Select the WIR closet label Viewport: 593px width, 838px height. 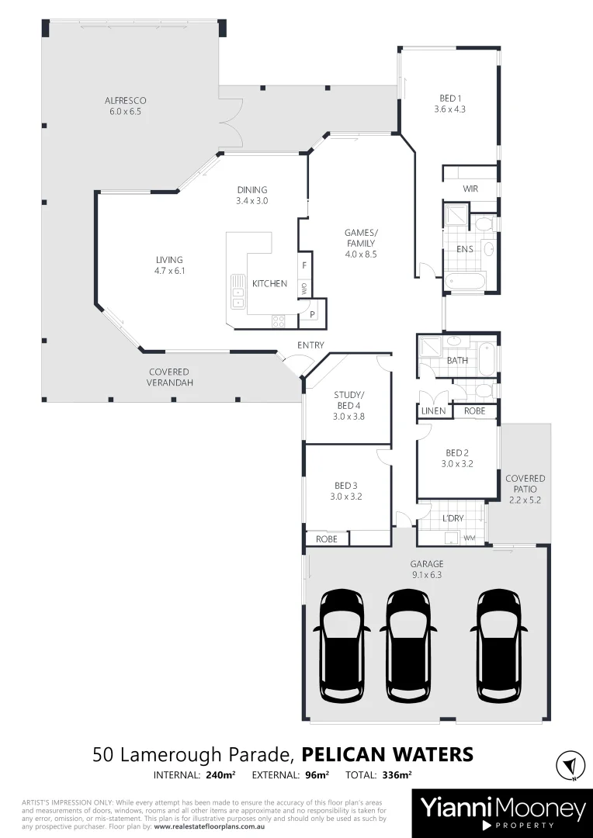[470, 189]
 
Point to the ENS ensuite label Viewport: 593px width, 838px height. [465, 249]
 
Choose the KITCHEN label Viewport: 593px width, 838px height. [269, 284]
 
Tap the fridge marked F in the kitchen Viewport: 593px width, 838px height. [304, 265]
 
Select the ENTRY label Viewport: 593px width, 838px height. [310, 345]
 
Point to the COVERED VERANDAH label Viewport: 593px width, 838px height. [169, 377]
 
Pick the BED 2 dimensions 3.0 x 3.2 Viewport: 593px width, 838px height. [457, 464]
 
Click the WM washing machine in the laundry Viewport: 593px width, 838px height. [469, 537]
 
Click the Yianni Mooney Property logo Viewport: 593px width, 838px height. [502, 813]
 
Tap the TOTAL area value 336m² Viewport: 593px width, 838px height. [396, 774]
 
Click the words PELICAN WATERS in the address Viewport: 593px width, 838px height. [387, 754]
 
